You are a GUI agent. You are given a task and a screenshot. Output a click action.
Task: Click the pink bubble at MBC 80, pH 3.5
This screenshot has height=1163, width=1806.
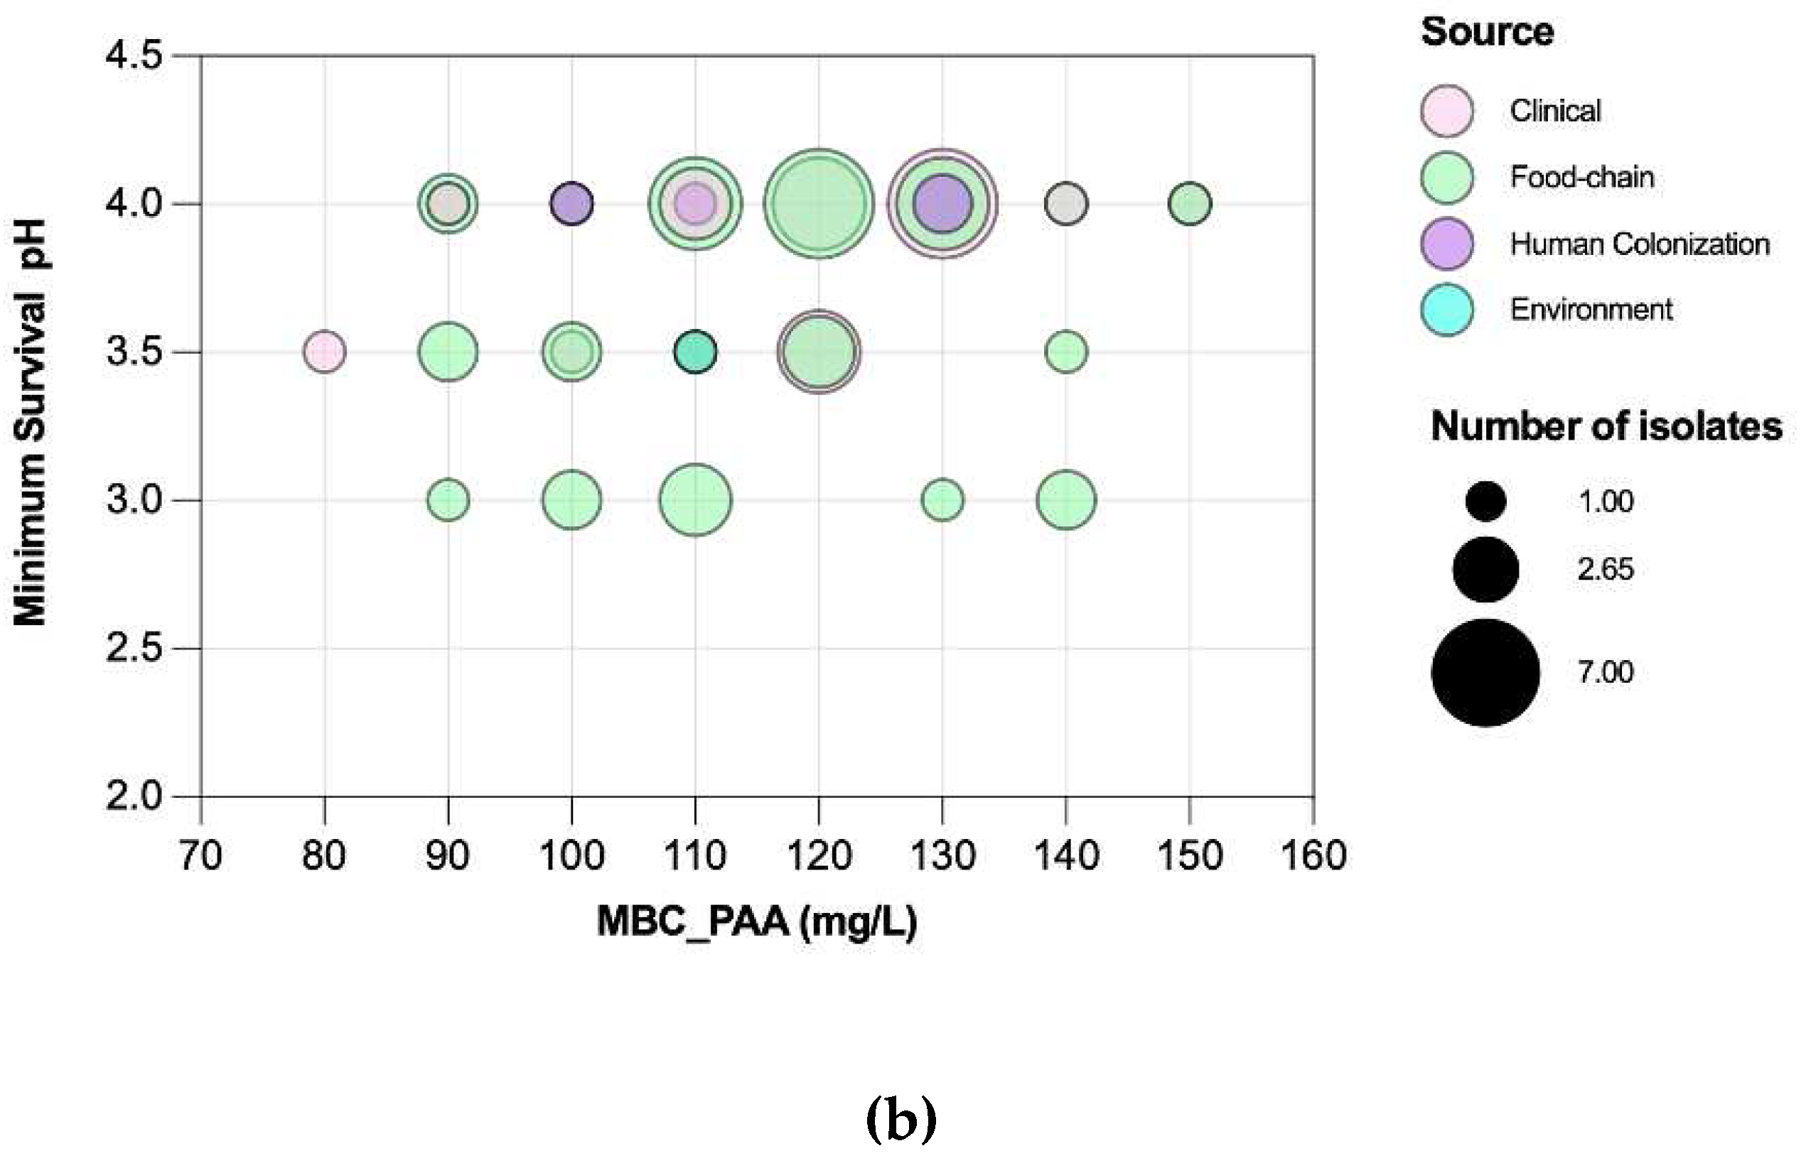325,352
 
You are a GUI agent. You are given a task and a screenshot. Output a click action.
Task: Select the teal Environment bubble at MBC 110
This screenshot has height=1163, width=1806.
695,352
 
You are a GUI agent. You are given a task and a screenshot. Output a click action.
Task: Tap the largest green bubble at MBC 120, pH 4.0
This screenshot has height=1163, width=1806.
819,204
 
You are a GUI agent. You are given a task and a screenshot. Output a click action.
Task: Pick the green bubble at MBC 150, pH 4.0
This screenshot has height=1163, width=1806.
1190,204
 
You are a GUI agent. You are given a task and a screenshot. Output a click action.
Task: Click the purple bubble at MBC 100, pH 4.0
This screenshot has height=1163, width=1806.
571,204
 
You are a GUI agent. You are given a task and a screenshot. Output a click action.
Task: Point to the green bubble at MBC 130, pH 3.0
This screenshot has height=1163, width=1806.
942,500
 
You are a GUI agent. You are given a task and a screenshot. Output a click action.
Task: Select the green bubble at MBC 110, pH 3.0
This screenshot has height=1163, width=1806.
695,500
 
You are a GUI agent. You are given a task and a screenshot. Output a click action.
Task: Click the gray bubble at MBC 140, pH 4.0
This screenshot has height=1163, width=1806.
1066,204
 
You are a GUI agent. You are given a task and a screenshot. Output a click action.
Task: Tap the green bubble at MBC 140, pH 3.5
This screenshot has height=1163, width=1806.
1066,352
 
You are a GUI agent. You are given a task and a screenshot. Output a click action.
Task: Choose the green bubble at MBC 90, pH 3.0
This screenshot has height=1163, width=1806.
448,500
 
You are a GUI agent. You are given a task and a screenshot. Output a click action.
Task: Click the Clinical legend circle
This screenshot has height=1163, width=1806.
1446,111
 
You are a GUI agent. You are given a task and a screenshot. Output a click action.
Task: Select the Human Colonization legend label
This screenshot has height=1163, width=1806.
1639,244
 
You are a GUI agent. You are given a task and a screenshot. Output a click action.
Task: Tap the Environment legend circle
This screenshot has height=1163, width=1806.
1446,310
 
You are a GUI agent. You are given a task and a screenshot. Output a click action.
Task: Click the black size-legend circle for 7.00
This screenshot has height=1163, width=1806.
1485,672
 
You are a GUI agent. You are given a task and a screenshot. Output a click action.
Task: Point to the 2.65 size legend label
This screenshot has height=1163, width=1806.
1605,568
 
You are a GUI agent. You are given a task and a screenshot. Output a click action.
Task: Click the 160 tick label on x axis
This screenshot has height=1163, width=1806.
1313,855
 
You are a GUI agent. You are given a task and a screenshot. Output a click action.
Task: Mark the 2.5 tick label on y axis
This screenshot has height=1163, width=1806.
134,648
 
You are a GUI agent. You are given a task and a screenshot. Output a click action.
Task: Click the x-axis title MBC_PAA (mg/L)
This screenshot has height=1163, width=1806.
757,921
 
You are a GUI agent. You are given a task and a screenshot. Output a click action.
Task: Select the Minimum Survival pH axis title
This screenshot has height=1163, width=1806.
31,423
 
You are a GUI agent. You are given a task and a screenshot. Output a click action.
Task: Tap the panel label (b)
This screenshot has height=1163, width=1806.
901,1120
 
